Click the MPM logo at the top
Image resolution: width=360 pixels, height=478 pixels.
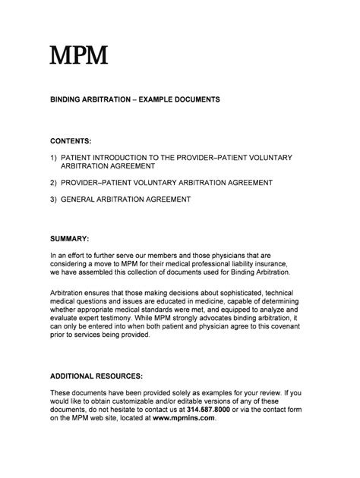(x=78, y=55)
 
